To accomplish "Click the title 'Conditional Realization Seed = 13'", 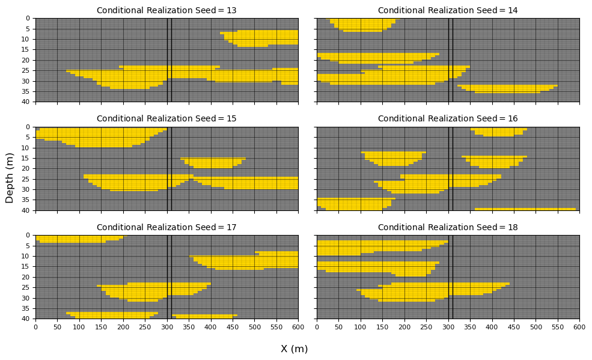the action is coord(166,10).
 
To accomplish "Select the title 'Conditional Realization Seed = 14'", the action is coord(448,10).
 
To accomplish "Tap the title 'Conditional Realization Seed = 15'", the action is coord(166,118).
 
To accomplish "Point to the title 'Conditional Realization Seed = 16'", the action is coord(448,118).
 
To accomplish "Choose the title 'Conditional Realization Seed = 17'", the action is coord(166,227).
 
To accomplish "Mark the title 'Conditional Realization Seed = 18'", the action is coord(448,227).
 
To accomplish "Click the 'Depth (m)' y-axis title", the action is coord(10,178).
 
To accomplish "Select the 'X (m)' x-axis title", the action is coord(294,349).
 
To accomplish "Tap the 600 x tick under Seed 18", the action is coord(579,327).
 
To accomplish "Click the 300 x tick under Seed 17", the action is coord(167,327).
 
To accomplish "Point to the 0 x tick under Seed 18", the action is coord(317,327).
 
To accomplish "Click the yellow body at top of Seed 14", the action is coord(361,25).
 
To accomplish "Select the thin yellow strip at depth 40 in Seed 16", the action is coord(525,209).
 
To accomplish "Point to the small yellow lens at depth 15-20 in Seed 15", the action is coord(213,163).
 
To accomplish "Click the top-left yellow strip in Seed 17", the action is coord(79,239).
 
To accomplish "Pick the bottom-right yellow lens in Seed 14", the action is coord(508,88).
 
